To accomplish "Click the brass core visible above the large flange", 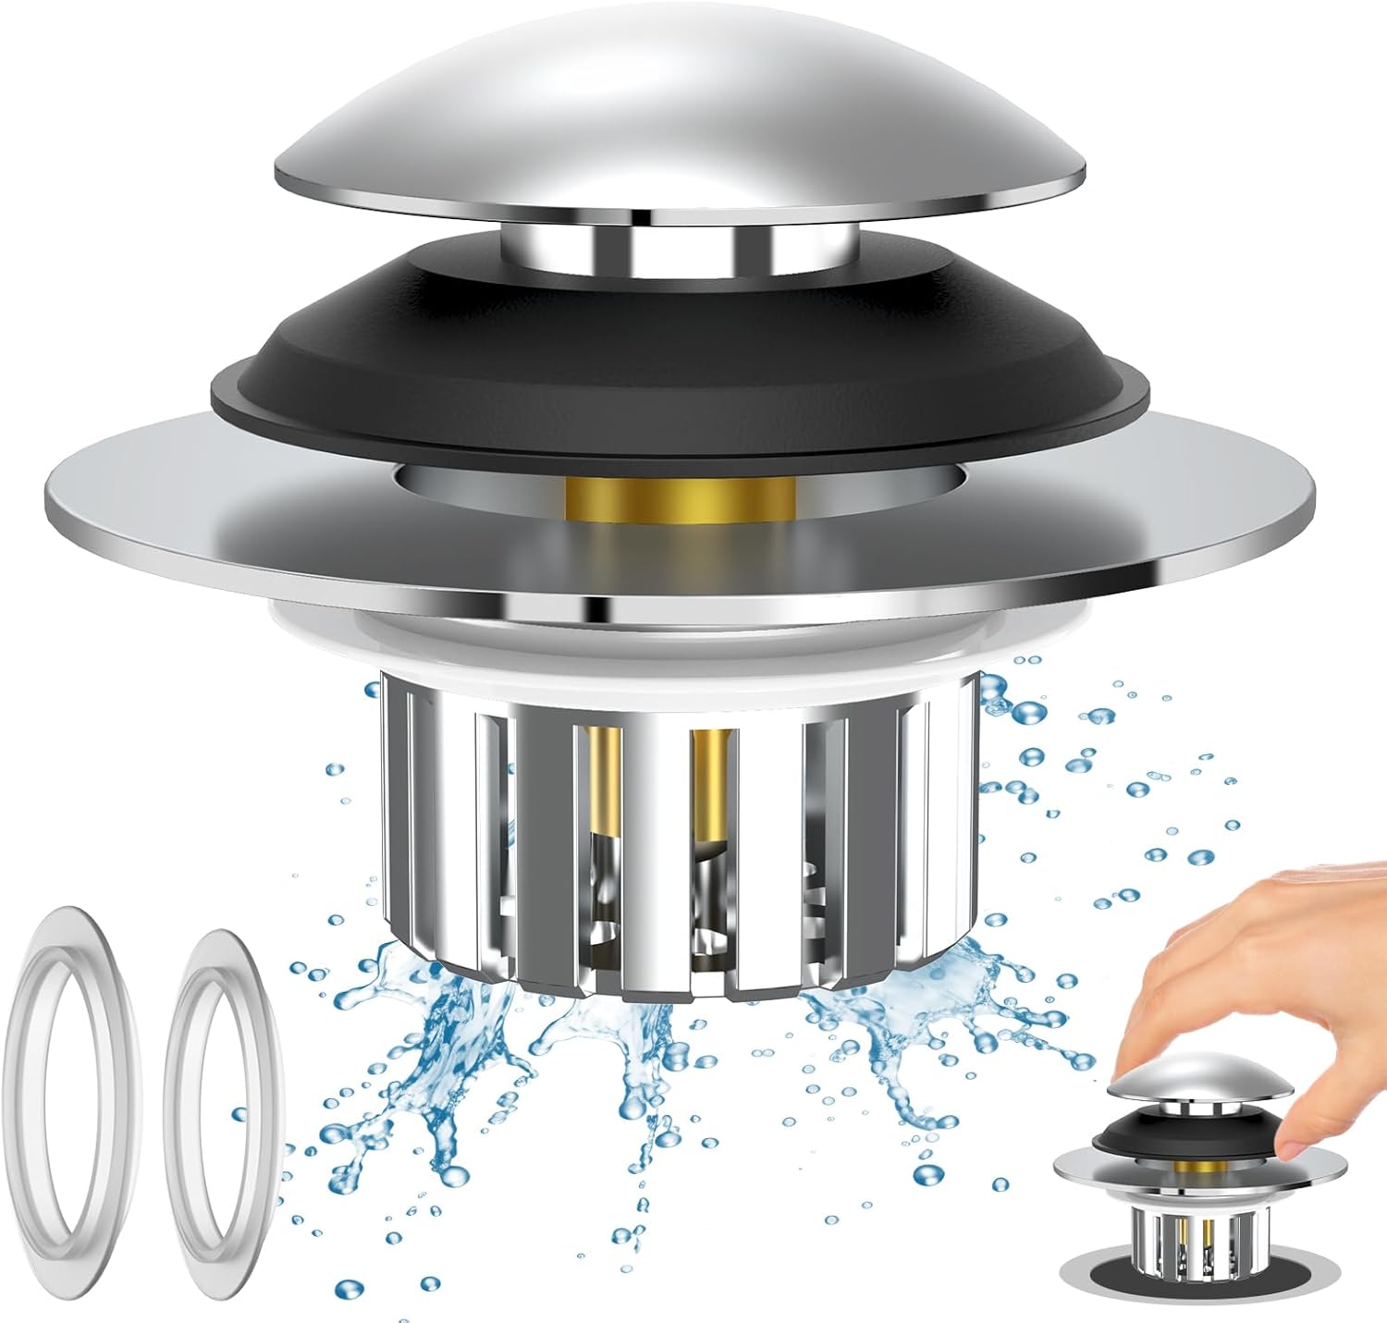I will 680,499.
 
